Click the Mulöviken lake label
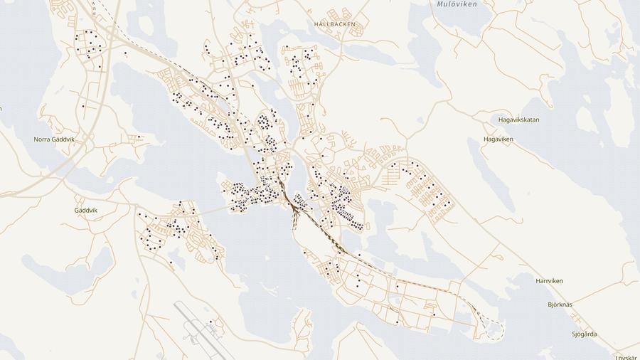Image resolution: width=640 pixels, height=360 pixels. (456, 4)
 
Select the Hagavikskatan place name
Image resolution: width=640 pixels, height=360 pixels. (518, 120)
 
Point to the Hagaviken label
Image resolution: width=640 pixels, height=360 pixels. (498, 139)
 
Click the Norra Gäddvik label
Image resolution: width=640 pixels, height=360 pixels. (54, 139)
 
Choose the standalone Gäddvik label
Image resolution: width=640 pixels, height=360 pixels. (85, 211)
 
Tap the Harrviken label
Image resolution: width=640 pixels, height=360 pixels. (549, 281)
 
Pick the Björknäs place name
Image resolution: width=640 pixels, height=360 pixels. (560, 305)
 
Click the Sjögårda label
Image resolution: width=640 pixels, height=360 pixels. (585, 334)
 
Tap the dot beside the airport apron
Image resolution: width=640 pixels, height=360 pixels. (211, 322)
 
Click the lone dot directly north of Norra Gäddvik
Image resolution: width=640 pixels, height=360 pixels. (83, 107)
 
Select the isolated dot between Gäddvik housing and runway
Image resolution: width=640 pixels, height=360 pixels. (171, 263)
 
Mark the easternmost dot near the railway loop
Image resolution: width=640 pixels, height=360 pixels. (434, 314)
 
